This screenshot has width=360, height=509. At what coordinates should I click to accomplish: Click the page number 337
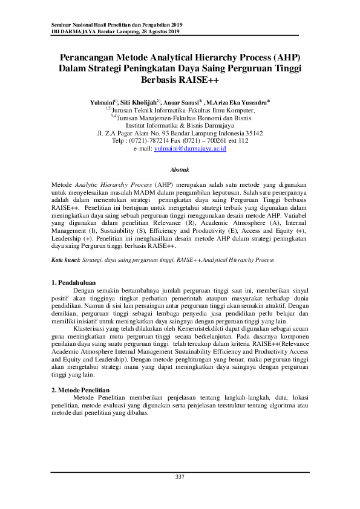pos(180,478)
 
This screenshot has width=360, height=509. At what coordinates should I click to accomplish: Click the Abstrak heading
pos(180,170)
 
